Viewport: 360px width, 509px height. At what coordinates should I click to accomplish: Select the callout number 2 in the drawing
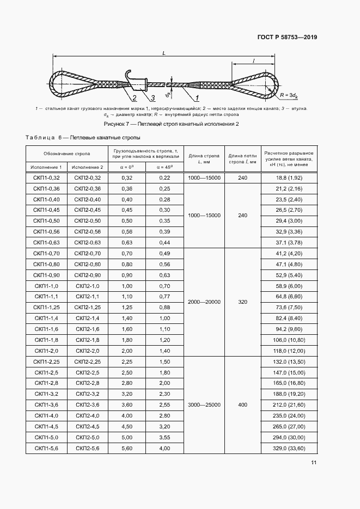click(x=133, y=99)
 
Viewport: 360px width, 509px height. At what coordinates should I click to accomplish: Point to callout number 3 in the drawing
click(x=153, y=99)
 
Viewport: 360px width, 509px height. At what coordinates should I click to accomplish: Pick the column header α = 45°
click(x=164, y=167)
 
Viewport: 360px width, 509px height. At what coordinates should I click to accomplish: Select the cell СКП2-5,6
click(x=87, y=448)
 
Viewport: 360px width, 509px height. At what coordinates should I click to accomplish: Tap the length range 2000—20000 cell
click(x=204, y=302)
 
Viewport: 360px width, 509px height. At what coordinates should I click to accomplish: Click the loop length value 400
click(x=242, y=404)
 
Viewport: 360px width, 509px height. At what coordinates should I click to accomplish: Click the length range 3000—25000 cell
click(x=204, y=404)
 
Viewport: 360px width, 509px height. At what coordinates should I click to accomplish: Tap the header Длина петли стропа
click(x=242, y=159)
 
